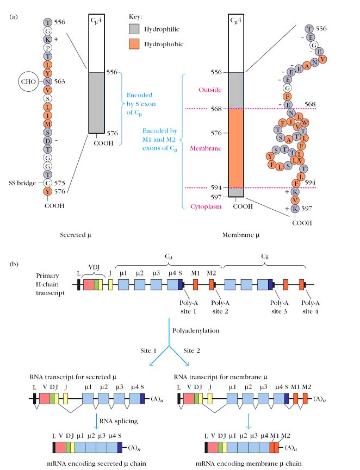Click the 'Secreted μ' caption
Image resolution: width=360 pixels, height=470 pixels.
[77, 235]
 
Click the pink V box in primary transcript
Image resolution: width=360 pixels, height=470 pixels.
[88, 284]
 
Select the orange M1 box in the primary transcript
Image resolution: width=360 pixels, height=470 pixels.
[194, 283]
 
